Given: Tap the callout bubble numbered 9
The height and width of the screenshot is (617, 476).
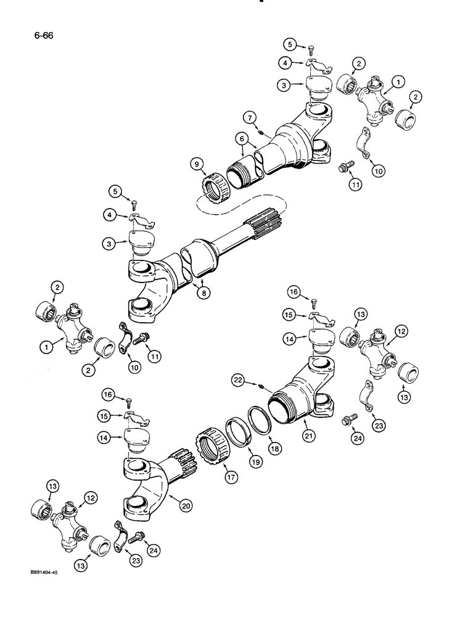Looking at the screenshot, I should point(197,165).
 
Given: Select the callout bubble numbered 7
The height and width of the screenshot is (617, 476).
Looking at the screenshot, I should point(247,116).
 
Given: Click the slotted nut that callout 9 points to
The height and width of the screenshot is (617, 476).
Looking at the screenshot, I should point(215,184).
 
